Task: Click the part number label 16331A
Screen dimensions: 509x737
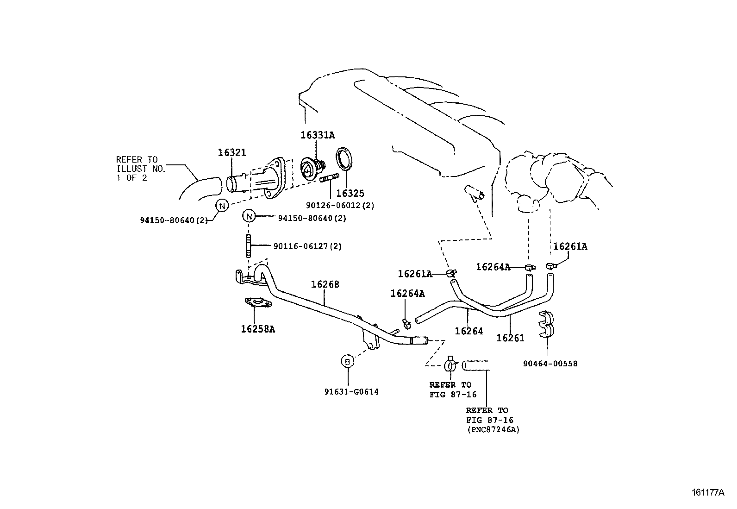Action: pyautogui.click(x=317, y=135)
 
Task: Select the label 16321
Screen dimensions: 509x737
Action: pyautogui.click(x=232, y=152)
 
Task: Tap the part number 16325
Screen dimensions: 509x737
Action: pyautogui.click(x=350, y=193)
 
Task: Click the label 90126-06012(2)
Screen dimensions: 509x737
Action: pyautogui.click(x=340, y=205)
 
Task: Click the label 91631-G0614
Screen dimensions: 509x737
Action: pyautogui.click(x=351, y=392)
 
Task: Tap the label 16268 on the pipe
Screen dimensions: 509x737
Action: pyautogui.click(x=325, y=284)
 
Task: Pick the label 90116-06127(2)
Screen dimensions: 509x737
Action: pyautogui.click(x=307, y=246)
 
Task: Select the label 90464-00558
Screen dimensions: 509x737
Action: pyautogui.click(x=550, y=364)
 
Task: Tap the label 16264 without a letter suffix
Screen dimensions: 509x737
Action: pyautogui.click(x=468, y=331)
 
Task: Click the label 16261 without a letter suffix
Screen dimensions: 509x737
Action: pyautogui.click(x=510, y=338)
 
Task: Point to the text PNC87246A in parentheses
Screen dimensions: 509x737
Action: pyautogui.click(x=493, y=430)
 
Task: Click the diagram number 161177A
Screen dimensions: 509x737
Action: pyautogui.click(x=708, y=492)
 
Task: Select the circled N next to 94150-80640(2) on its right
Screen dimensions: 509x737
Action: pyautogui.click(x=249, y=216)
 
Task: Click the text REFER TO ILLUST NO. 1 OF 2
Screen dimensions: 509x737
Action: pyautogui.click(x=140, y=169)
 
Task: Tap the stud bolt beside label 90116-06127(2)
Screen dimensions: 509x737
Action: pyautogui.click(x=249, y=246)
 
